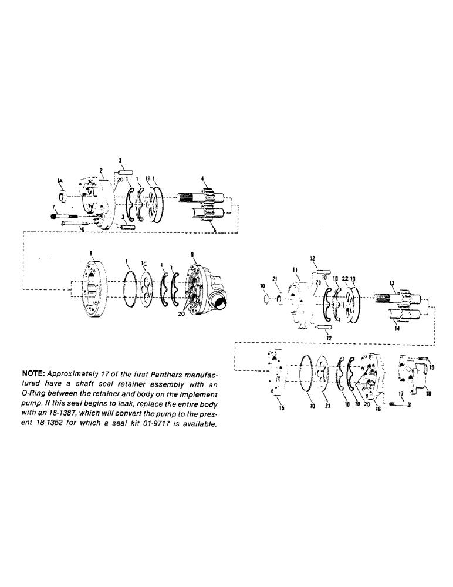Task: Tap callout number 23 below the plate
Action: tap(326, 404)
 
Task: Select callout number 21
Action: tap(274, 278)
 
